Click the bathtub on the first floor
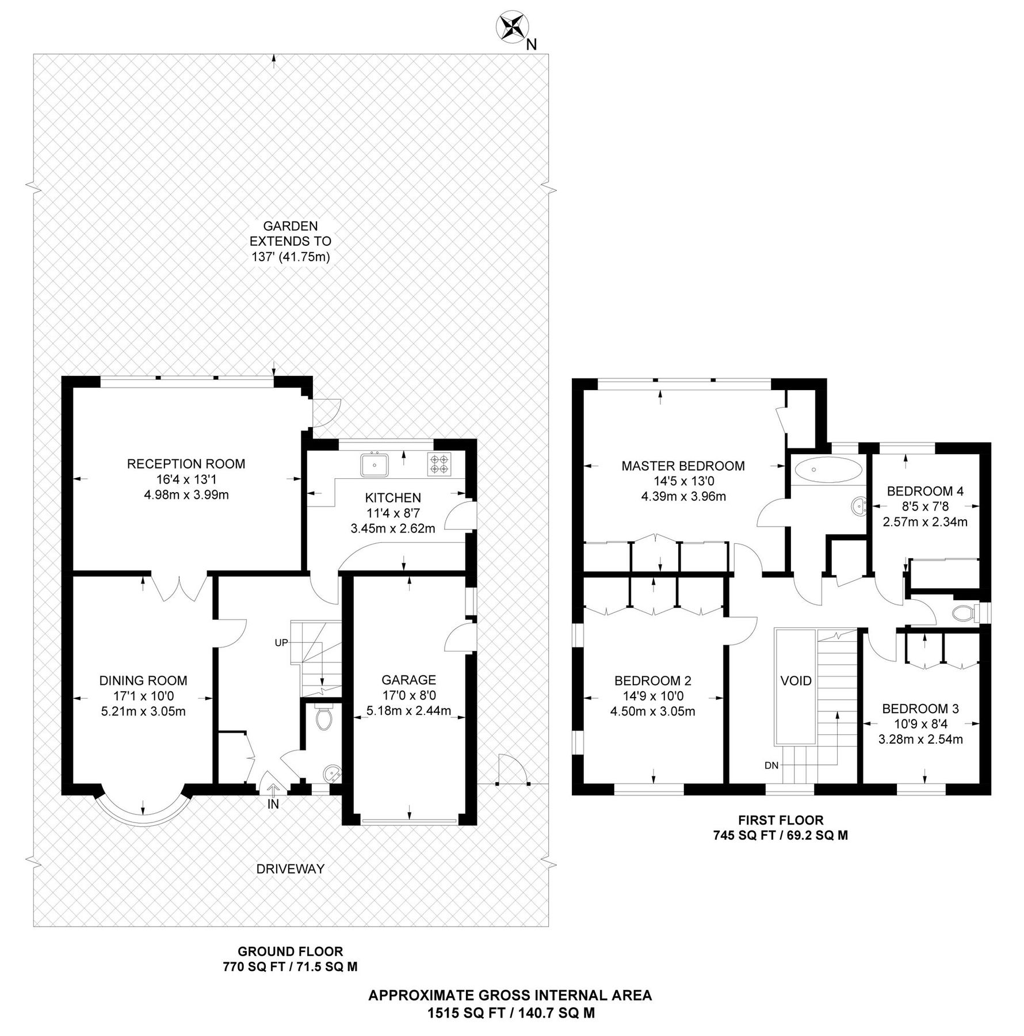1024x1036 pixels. click(828, 470)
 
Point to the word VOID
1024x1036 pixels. click(796, 681)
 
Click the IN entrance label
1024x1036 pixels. click(273, 805)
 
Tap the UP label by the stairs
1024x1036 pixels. click(281, 643)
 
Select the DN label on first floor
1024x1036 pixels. click(771, 765)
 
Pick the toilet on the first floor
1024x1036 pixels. click(963, 614)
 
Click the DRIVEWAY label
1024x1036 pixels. click(291, 869)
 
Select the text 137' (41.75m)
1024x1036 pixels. click(291, 257)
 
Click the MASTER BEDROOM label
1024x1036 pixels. click(683, 466)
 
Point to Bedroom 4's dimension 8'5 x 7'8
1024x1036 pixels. click(925, 506)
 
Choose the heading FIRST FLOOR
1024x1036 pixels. click(781, 820)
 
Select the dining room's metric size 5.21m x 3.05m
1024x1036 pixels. click(143, 711)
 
